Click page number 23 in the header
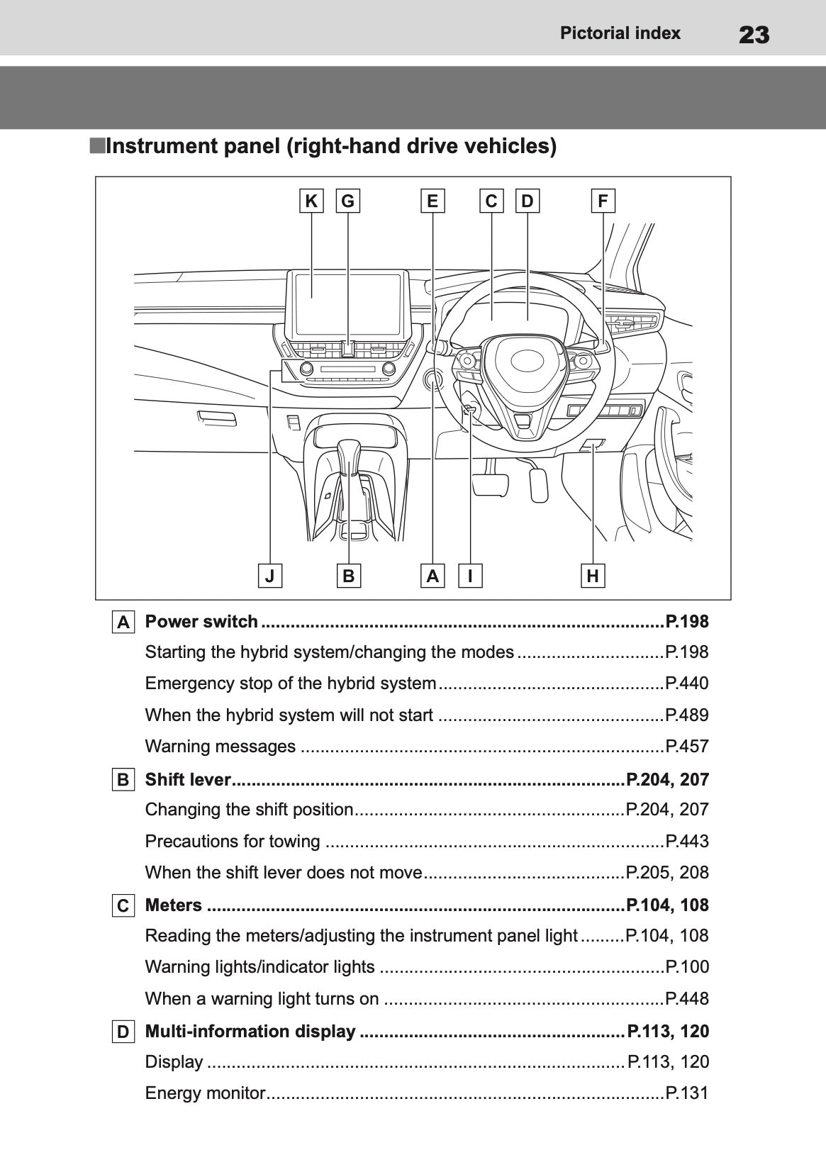coord(754,34)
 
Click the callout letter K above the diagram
coord(311,201)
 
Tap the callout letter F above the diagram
coord(603,201)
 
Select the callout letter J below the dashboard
coord(269,575)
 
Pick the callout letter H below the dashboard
coord(593,575)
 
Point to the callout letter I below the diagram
coord(470,575)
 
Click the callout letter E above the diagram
coord(432,201)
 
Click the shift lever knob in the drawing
coord(350,454)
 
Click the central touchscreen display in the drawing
coord(348,303)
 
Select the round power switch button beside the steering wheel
coord(432,381)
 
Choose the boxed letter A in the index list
coord(123,623)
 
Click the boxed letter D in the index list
coord(123,1032)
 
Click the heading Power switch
coord(201,622)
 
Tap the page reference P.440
coord(686,683)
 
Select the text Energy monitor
coord(204,1093)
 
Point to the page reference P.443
coord(686,841)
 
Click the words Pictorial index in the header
coord(620,33)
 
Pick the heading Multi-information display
coord(250,1031)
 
